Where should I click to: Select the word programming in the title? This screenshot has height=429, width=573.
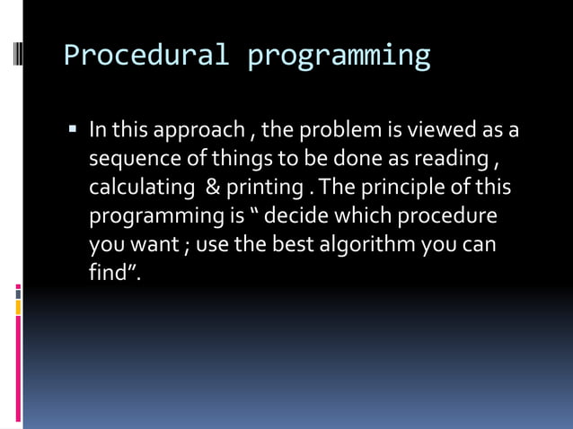(x=339, y=56)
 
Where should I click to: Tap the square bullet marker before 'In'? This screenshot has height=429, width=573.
(x=73, y=130)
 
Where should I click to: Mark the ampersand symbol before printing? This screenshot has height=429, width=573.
(x=213, y=188)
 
